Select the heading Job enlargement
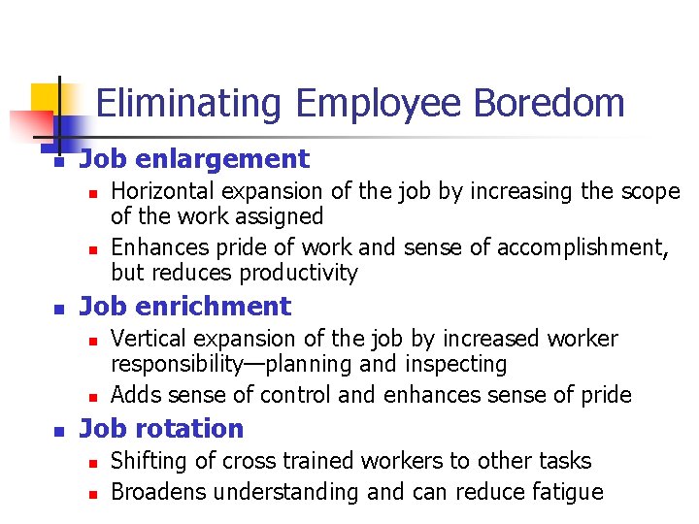coord(193,159)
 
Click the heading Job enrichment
coord(184,307)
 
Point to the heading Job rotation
coord(161,429)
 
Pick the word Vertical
coord(145,339)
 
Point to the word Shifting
coord(145,461)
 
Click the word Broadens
coord(158,492)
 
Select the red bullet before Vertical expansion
coord(92,342)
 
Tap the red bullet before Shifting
coord(92,464)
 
